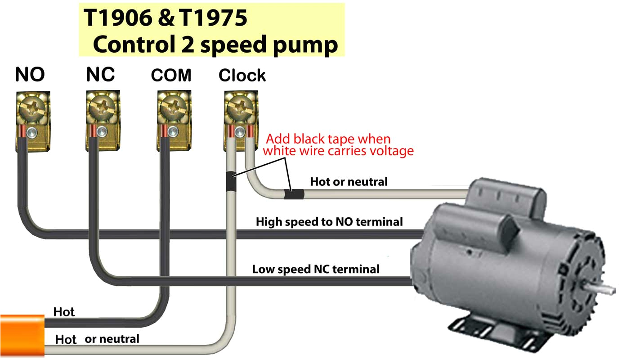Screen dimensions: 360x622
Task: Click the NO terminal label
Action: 30,75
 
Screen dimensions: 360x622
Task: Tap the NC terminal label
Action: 100,75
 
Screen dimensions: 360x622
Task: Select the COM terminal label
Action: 171,75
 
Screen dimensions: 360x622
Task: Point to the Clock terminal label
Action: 242,76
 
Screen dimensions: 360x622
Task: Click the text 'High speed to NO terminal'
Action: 329,221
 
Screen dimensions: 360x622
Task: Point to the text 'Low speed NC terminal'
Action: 316,269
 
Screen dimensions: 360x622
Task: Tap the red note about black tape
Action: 338,145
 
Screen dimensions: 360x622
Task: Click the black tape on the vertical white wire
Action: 230,182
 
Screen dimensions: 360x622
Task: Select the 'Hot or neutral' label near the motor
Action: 349,182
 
